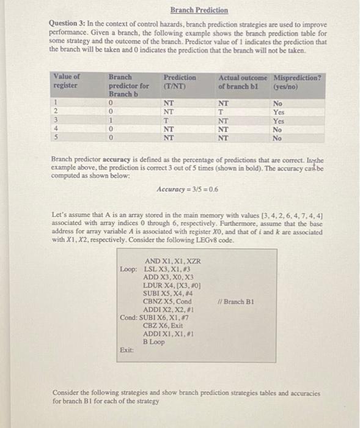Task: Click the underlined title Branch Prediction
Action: [x=199, y=10]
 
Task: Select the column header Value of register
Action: [x=67, y=82]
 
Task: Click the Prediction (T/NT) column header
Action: [x=180, y=82]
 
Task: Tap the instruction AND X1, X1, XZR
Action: [x=172, y=261]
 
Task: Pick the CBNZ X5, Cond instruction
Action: [x=167, y=301]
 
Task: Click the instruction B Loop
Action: [x=155, y=341]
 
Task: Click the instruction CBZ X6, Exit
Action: [x=163, y=325]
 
